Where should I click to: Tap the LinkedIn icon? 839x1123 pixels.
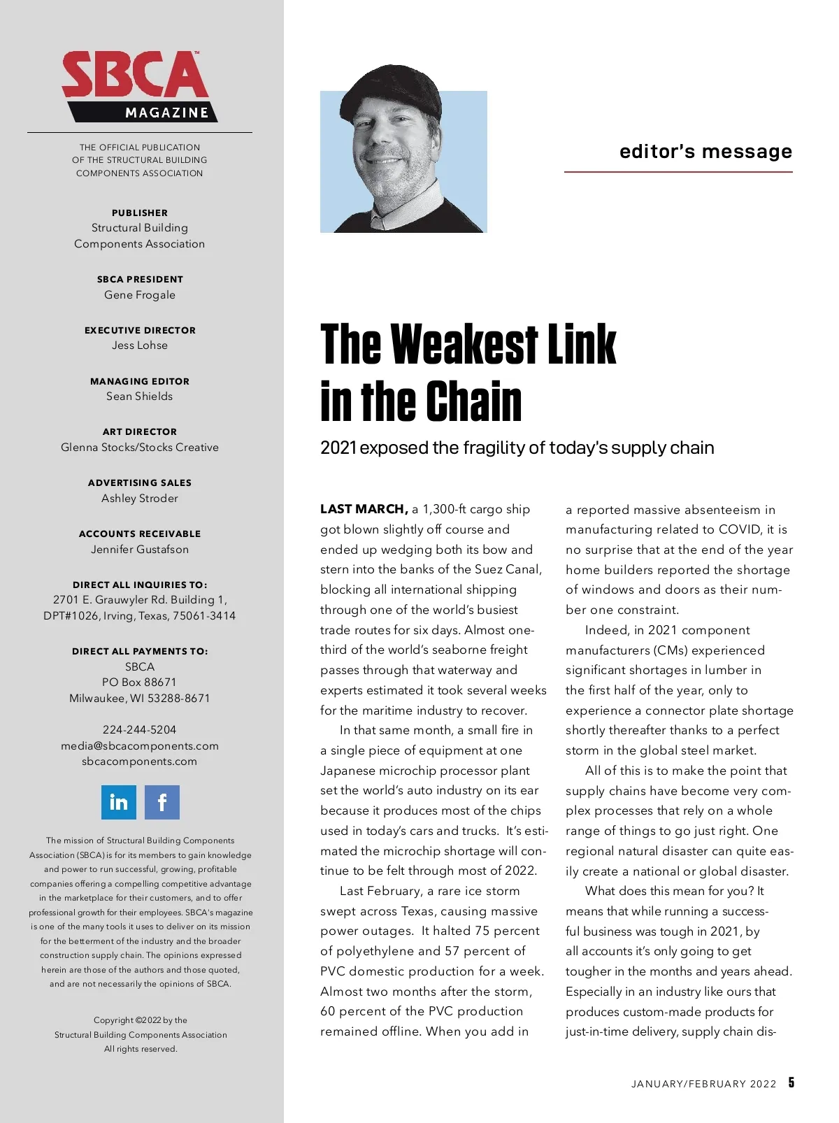point(119,802)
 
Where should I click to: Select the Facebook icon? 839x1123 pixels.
point(162,802)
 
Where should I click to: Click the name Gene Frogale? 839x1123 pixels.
point(140,295)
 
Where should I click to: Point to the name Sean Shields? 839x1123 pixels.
point(140,396)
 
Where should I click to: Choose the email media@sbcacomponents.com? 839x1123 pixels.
point(140,746)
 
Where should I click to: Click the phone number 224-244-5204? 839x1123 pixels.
point(140,730)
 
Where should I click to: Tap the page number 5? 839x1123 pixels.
point(791,1082)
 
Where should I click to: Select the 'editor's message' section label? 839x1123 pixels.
point(705,152)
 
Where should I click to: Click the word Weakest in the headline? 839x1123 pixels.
point(464,345)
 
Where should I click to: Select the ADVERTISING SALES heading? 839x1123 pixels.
point(140,482)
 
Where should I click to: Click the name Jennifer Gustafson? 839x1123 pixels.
point(140,550)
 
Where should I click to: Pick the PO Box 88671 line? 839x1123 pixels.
point(140,682)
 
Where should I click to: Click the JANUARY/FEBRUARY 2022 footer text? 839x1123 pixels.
point(703,1084)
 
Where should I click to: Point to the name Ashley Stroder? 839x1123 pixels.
point(140,499)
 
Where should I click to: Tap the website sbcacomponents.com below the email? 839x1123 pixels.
point(140,761)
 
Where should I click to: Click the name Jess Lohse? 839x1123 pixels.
point(140,345)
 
